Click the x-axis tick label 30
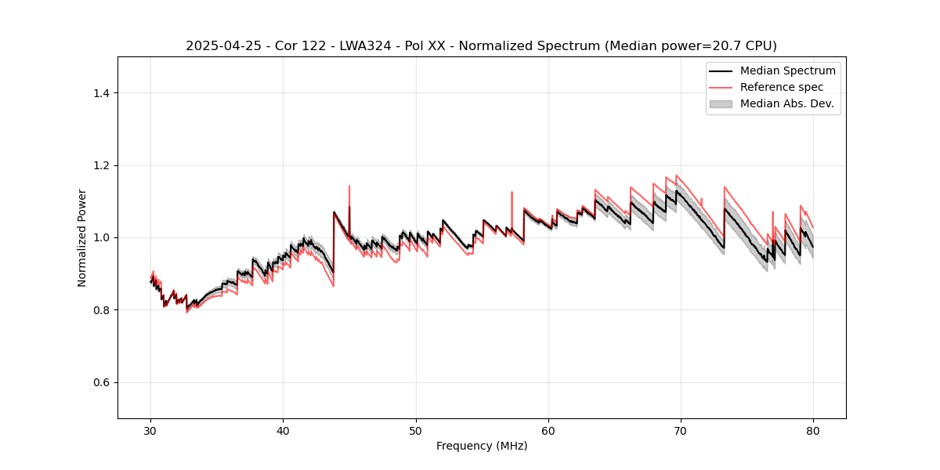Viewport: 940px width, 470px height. [150, 430]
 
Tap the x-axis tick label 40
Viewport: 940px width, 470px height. [283, 430]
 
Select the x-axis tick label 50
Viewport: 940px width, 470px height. [416, 430]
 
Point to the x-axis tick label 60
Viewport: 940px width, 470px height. [548, 430]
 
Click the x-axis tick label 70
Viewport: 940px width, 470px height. [681, 430]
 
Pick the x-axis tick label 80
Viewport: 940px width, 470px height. [813, 430]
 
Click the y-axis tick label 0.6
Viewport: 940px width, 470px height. [101, 382]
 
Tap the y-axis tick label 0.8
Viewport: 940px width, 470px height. [101, 310]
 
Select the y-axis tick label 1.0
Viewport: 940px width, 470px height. [101, 237]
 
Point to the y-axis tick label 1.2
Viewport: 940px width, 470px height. [101, 165]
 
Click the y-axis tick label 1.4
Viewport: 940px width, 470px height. [101, 93]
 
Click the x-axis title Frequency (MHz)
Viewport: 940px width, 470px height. [482, 446]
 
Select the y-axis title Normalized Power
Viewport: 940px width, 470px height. [82, 237]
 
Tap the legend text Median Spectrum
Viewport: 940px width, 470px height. [787, 70]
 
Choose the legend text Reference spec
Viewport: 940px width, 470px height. [782, 87]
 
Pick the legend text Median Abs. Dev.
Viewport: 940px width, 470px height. [787, 103]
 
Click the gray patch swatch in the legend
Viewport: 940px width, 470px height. [721, 103]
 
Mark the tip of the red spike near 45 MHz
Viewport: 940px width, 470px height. [349, 186]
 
